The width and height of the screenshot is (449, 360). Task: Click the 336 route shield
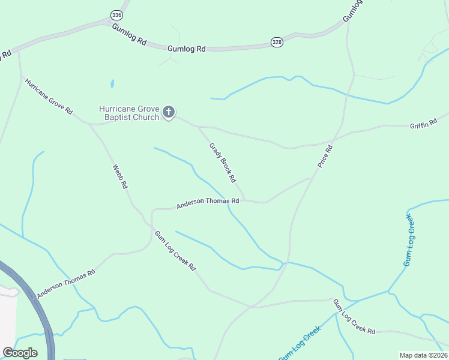[116, 14]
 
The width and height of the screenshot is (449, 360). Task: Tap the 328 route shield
[276, 42]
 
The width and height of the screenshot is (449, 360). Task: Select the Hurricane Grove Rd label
[49, 97]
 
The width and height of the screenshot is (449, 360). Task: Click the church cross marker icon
[169, 112]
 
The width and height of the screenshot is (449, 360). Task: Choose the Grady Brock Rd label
[222, 163]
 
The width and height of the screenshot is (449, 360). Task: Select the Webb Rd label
[120, 177]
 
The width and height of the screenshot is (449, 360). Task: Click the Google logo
[20, 353]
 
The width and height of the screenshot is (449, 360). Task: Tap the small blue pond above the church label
[112, 84]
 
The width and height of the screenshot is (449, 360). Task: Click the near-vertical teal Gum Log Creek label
[409, 240]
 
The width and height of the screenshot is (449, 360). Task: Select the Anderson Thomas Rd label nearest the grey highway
[66, 283]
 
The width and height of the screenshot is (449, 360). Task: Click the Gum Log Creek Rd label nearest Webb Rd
[175, 251]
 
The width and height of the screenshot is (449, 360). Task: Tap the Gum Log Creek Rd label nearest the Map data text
[354, 317]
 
